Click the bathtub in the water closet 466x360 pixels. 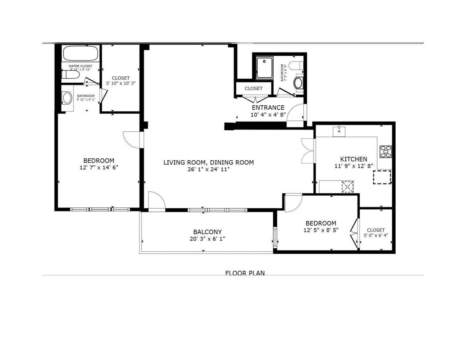81,54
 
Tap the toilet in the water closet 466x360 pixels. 70,75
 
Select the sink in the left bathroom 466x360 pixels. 67,98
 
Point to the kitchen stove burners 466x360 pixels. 386,151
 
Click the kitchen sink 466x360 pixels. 339,131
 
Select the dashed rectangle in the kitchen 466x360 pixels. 382,177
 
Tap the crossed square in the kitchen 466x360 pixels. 347,187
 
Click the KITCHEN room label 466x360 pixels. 354,159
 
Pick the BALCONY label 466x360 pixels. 207,232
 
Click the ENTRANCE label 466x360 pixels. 268,108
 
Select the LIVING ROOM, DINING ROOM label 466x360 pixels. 208,162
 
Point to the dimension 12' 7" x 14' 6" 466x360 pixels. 99,167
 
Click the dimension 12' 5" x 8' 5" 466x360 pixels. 321,230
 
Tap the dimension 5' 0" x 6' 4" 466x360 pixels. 376,235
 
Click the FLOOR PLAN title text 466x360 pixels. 245,273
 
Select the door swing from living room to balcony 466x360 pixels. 157,201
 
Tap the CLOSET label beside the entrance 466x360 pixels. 253,88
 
